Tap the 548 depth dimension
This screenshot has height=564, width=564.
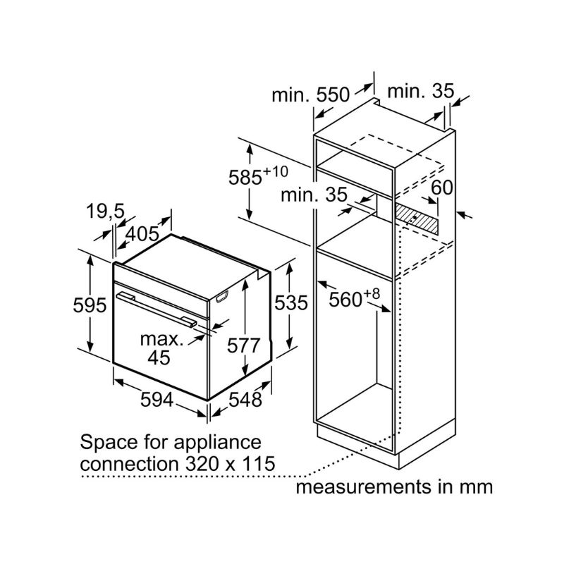coord(245,400)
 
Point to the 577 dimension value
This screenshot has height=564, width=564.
coord(244,345)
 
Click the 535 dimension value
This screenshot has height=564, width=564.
coord(291,303)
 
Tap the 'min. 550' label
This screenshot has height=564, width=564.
coord(311,95)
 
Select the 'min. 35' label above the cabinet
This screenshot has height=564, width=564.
coord(421,91)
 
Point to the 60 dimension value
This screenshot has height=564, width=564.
coord(441,188)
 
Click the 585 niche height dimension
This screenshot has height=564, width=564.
coord(258,177)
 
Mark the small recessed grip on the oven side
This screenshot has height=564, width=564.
coord(223,297)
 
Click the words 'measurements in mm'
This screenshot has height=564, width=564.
coord(393,486)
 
